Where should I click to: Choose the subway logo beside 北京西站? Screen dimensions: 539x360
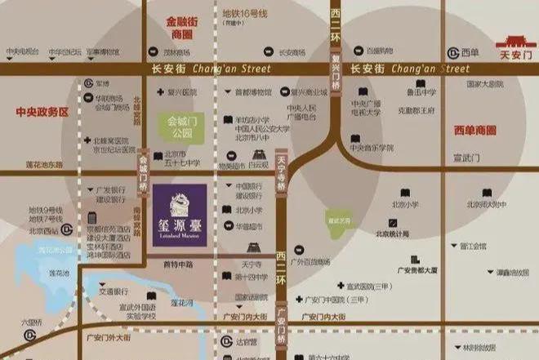click(x=66, y=230)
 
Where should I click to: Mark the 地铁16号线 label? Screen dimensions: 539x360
click(x=245, y=14)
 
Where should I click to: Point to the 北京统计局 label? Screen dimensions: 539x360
click(x=392, y=234)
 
